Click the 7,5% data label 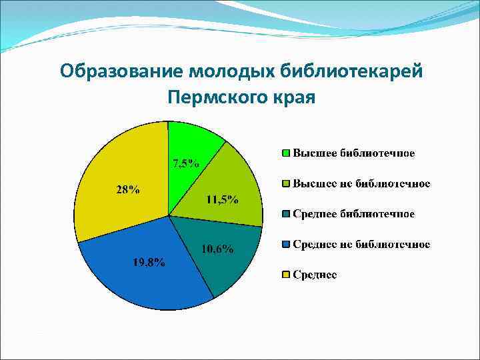point(185,163)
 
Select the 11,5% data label point(222,200)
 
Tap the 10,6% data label point(217,249)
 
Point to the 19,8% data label point(148,261)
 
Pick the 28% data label point(128,189)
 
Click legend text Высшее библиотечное point(354,153)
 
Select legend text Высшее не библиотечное point(361,183)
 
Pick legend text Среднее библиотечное point(354,214)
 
